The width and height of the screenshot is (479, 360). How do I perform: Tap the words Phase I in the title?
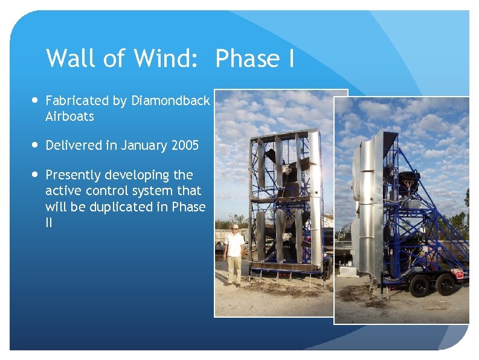(x=254, y=59)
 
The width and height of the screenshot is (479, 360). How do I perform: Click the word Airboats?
(x=69, y=117)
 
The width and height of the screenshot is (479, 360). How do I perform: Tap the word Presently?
(x=73, y=175)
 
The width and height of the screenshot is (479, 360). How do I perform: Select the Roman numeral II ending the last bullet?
(x=49, y=222)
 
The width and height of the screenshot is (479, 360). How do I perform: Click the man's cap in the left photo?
(x=234, y=227)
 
